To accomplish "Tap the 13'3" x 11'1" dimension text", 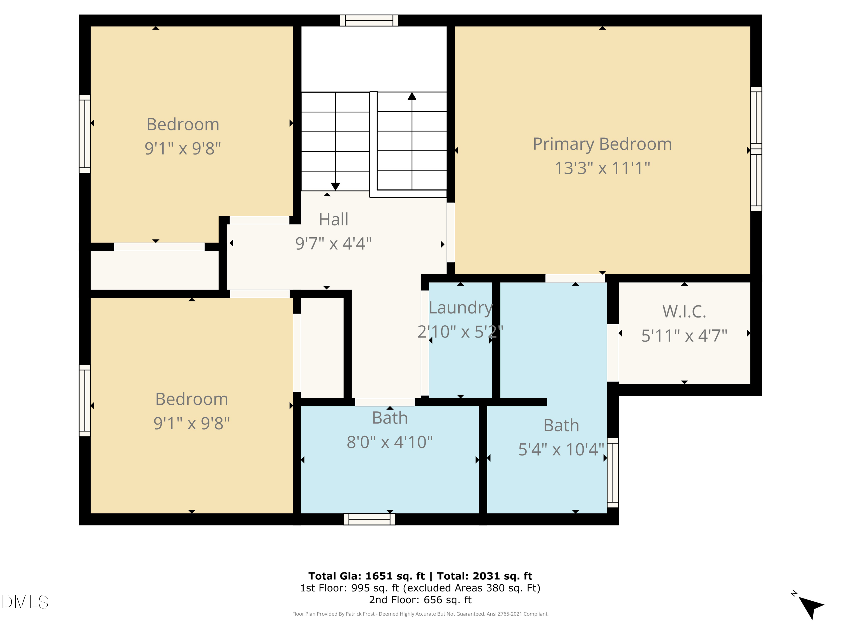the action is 602,168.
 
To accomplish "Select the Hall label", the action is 333,220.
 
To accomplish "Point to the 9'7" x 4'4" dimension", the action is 333,243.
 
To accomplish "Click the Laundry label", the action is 460,308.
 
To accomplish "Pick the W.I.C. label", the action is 684,312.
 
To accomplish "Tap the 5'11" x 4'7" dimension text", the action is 684,335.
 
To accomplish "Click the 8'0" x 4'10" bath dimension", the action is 390,442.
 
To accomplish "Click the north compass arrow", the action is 811,607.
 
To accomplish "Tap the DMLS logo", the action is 25,602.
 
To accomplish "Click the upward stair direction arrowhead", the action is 412,96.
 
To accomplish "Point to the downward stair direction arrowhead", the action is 335,186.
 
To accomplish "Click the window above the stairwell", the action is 369,20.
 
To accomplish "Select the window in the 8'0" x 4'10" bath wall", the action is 369,519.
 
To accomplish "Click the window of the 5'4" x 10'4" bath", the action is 613,473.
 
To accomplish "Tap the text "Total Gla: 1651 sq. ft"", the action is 366,576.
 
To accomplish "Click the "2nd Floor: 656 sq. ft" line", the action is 420,600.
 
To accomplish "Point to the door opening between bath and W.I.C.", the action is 613,353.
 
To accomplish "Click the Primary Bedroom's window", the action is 756,149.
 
